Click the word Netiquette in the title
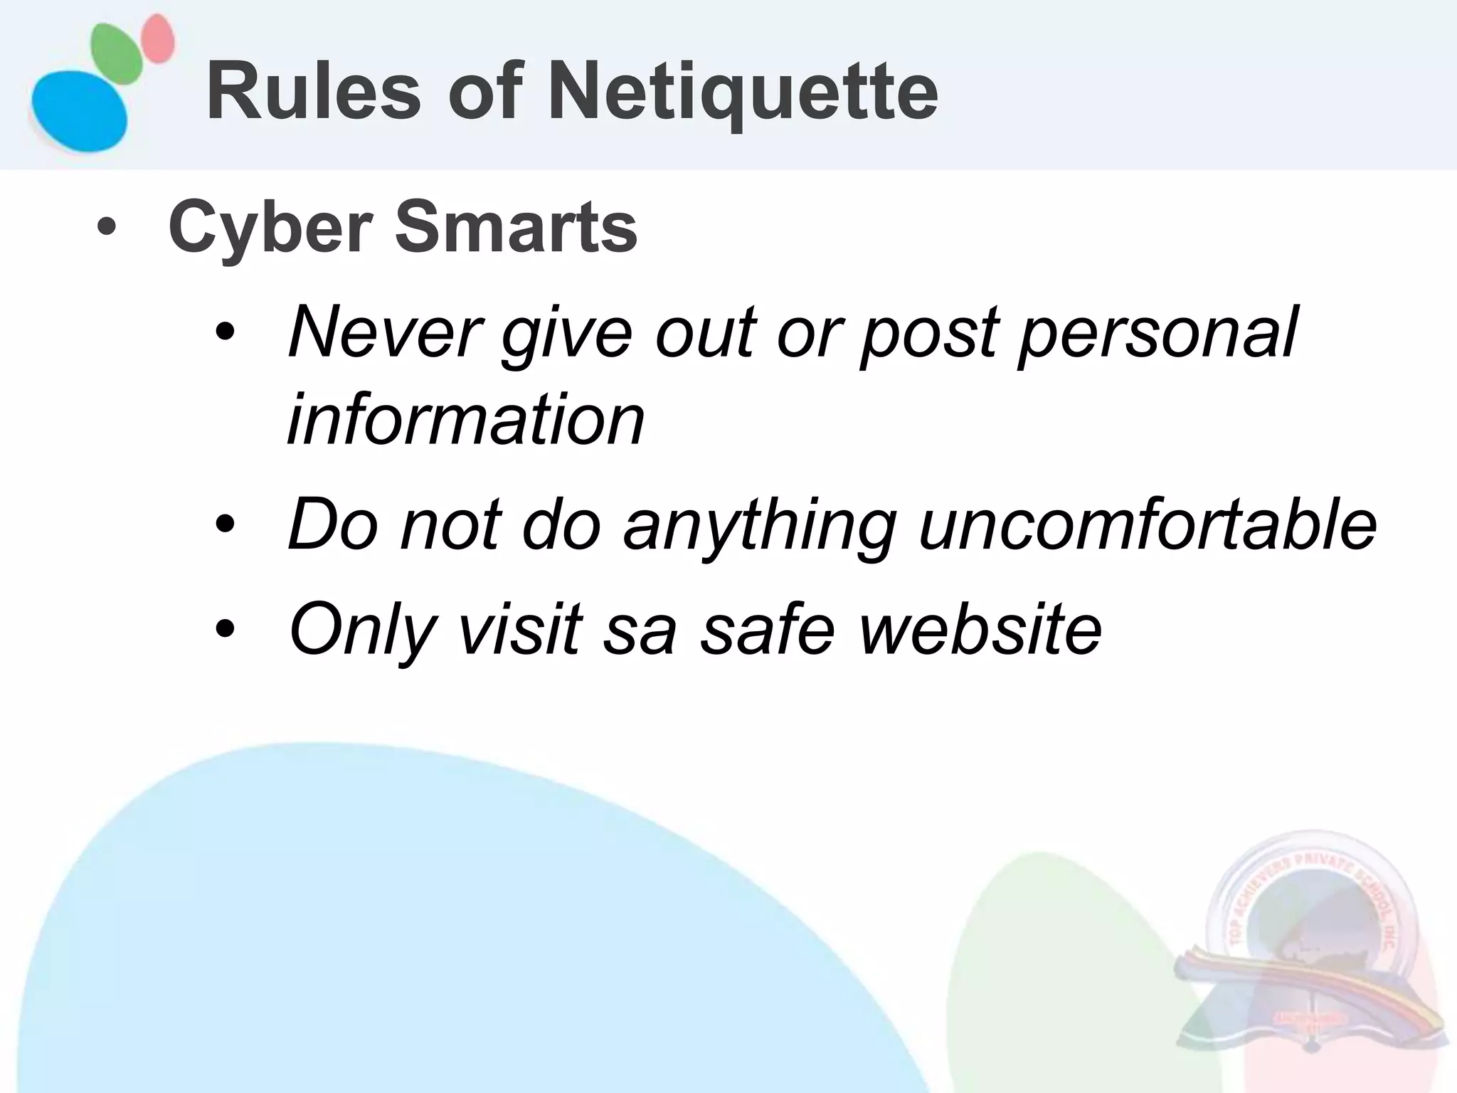click(x=743, y=93)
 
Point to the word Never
click(x=385, y=332)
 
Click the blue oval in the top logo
click(x=78, y=110)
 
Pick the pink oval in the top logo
click(x=157, y=39)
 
